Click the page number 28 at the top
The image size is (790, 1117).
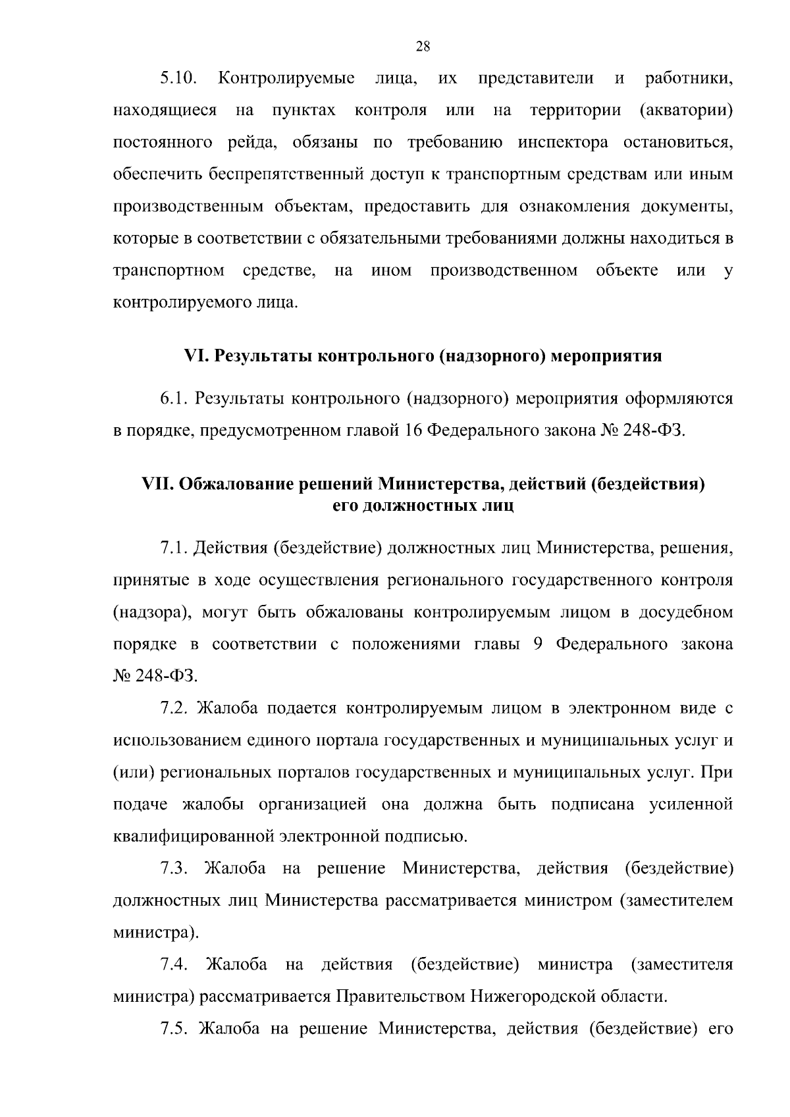423,46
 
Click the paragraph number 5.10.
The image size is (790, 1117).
178,80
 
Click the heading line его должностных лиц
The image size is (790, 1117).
423,506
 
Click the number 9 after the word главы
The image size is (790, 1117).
537,644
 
